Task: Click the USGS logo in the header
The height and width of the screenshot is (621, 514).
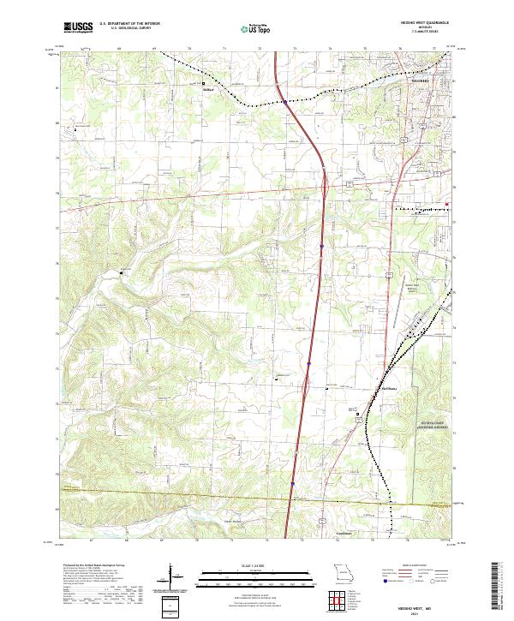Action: tap(79, 27)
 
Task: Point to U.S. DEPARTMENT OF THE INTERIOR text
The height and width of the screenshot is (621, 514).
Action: tap(129, 24)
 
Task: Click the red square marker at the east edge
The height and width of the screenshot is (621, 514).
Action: tap(446, 203)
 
